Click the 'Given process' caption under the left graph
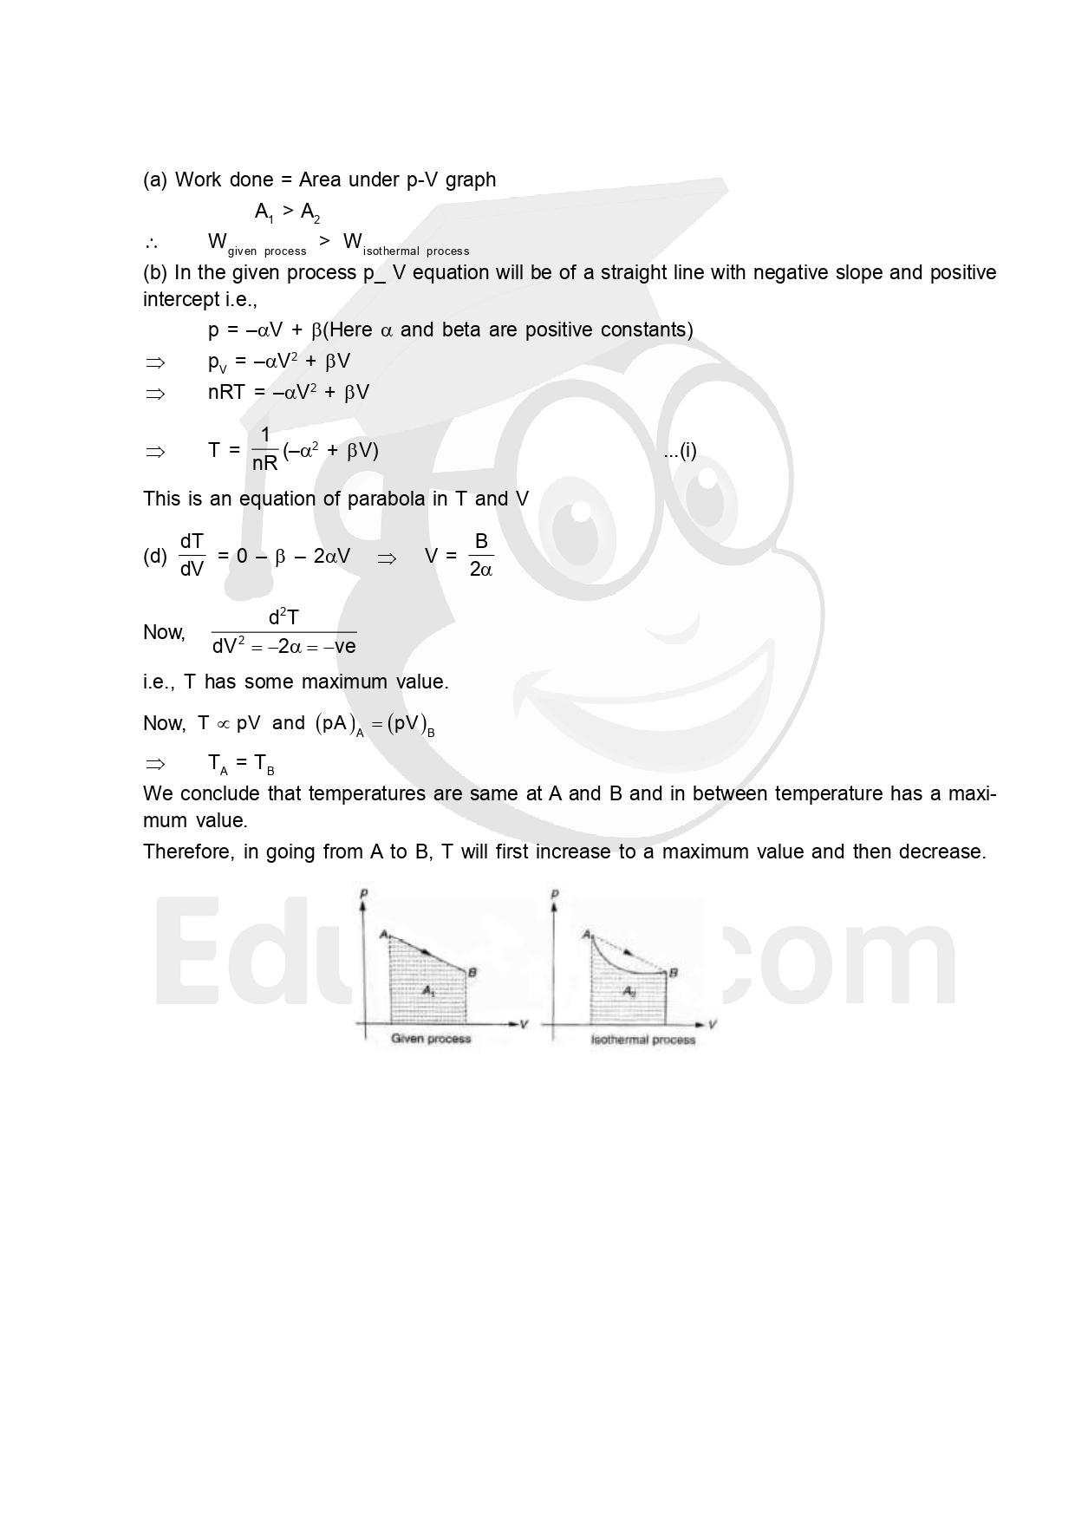pos(431,1038)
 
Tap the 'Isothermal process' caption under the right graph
pos(643,1040)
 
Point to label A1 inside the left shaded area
pos(428,990)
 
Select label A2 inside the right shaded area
pos(629,992)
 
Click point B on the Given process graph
pos(472,972)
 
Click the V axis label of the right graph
pos(712,1024)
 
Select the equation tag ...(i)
pos(680,451)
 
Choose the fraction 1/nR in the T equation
pos(264,450)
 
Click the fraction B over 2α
pos(480,556)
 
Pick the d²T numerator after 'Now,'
pos(283,617)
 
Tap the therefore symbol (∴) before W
pos(151,242)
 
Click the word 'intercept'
pos(181,300)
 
